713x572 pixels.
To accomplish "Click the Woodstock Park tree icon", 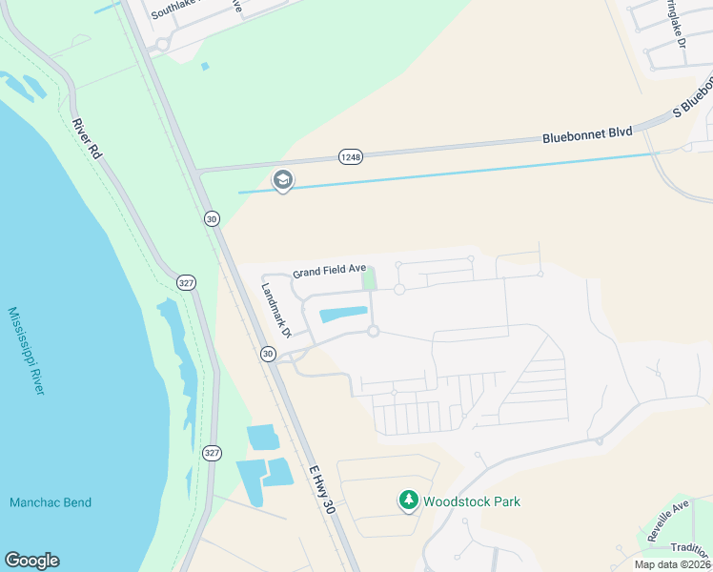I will point(408,500).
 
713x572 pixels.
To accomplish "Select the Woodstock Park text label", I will point(472,501).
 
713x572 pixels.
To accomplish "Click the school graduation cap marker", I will point(282,179).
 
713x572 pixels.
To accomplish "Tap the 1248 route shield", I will point(350,155).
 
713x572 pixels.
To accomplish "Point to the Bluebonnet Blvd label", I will point(588,136).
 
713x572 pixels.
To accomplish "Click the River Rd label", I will point(87,138).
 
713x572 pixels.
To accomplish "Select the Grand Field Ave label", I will point(330,272).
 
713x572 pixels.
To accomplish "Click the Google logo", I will point(31,561).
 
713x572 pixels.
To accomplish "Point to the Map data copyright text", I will point(671,564).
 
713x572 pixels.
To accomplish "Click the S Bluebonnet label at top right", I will point(692,99).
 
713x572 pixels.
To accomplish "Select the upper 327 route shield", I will point(186,283).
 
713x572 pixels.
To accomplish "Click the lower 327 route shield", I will point(212,453).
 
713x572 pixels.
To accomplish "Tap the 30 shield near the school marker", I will point(212,219).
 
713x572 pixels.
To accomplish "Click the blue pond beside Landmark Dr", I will point(341,314).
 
